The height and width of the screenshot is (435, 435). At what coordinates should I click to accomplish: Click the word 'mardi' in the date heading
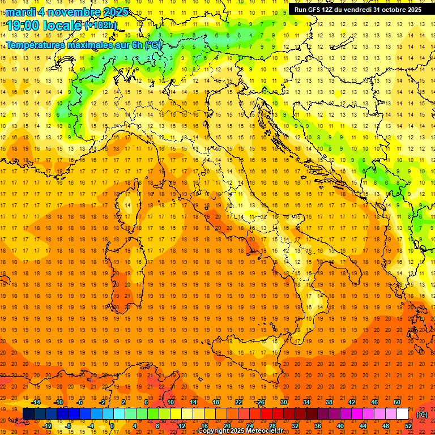[x=21, y=12]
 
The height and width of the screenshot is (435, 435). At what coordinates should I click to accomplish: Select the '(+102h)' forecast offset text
[x=101, y=25]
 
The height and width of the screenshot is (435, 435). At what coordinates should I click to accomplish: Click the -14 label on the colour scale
[x=36, y=402]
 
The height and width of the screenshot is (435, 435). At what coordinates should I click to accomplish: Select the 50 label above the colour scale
[x=397, y=402]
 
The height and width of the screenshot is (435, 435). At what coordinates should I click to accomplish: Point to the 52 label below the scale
[x=408, y=425]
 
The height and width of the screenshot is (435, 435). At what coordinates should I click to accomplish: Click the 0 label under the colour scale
[x=113, y=425]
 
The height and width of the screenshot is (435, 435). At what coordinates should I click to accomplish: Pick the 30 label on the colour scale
[x=283, y=402]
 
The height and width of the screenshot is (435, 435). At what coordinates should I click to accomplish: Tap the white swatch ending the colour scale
[x=402, y=413]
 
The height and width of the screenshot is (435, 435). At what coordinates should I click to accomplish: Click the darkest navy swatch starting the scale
[x=29, y=413]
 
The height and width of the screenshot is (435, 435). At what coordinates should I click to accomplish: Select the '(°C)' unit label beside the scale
[x=421, y=414]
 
